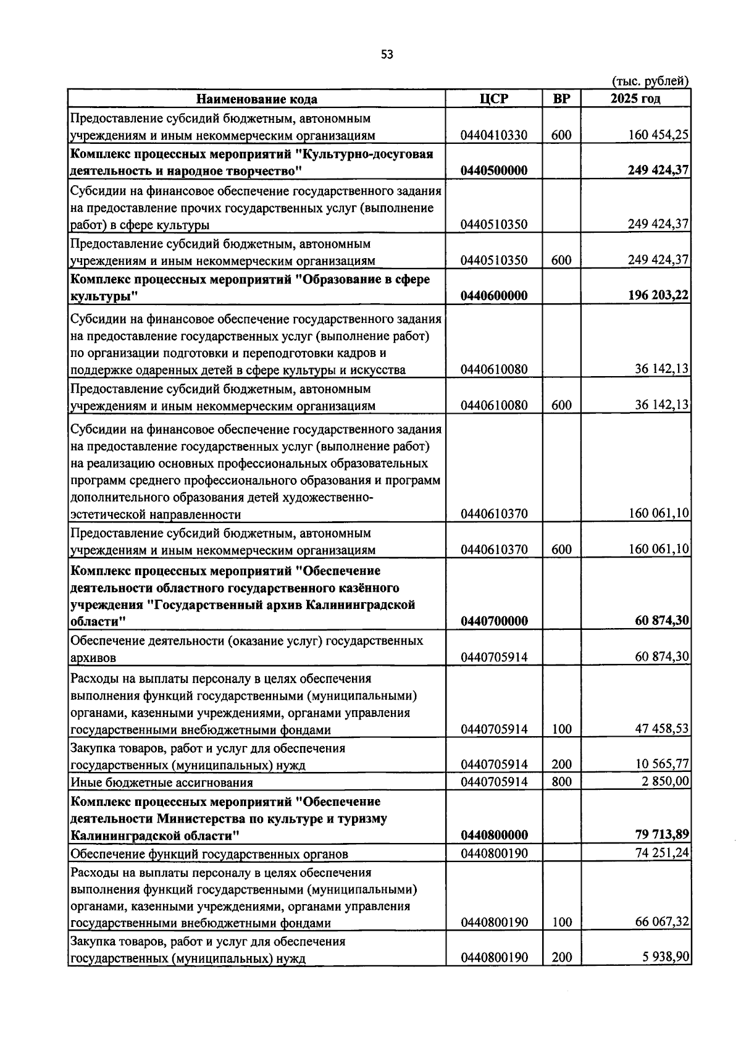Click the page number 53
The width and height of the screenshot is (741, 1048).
(387, 54)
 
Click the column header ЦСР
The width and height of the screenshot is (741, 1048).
(494, 99)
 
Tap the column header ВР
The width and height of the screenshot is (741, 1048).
(561, 99)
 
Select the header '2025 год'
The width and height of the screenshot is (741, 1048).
(635, 99)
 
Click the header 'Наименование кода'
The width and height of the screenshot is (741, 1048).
(257, 99)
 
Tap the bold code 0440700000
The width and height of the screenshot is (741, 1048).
(494, 621)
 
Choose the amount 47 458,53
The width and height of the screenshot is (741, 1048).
(662, 729)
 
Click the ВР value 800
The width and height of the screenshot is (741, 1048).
(562, 782)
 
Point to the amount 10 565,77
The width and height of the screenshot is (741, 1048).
(662, 765)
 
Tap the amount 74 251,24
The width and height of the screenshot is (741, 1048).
(662, 853)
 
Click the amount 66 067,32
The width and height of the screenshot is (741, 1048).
(662, 923)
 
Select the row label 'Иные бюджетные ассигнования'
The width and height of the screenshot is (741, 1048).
(162, 783)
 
